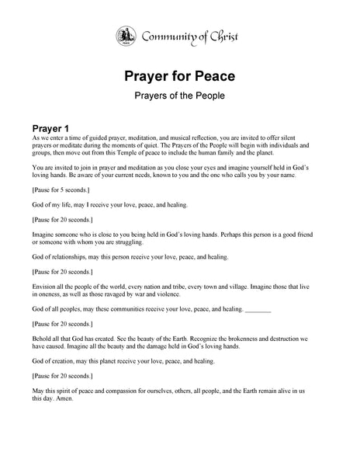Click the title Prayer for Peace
[x=180, y=78]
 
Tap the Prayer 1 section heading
[x=56, y=127]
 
